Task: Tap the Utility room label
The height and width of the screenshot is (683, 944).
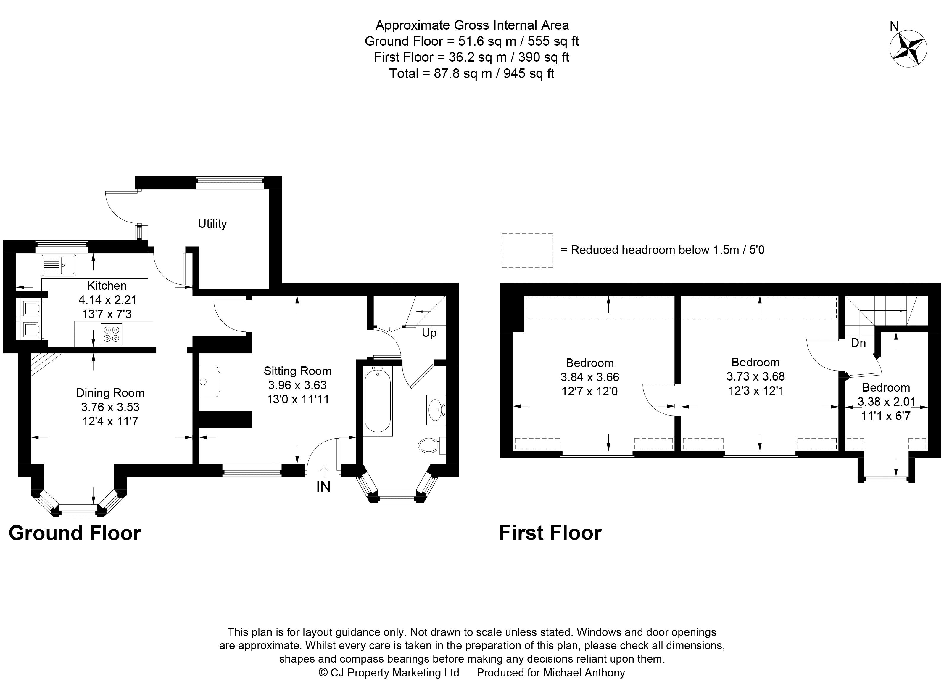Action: [x=212, y=224]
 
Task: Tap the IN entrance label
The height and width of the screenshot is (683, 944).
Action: [x=323, y=486]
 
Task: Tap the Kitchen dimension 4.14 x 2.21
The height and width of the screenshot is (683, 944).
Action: [x=107, y=300]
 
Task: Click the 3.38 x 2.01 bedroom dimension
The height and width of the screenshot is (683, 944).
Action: [x=886, y=402]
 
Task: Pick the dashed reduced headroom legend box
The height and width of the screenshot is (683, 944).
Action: [x=527, y=250]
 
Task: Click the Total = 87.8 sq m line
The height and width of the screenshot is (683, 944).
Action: [x=472, y=74]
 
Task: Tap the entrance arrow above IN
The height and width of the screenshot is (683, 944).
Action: [x=323, y=471]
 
